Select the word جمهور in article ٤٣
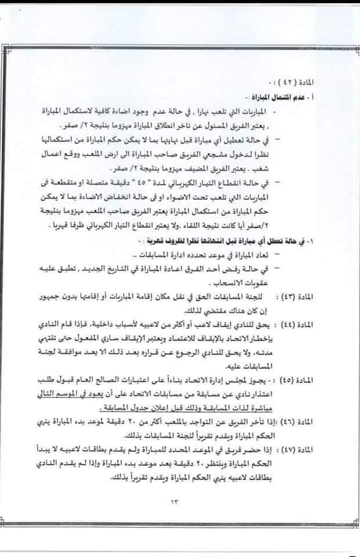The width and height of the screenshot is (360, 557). (63, 296)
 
